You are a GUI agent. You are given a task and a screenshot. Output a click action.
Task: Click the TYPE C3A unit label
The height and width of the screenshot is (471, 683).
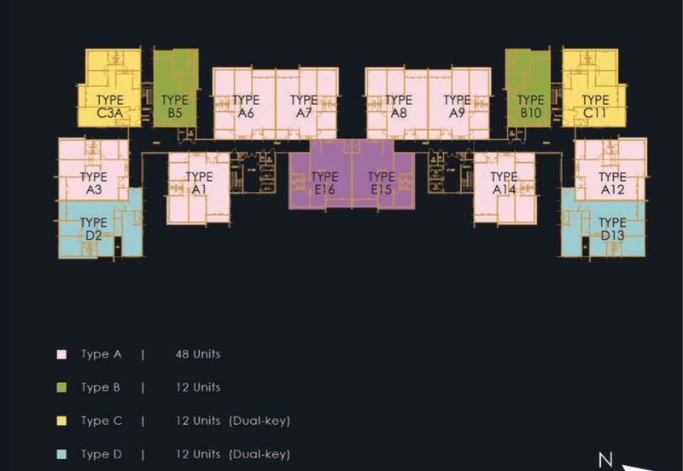(x=110, y=106)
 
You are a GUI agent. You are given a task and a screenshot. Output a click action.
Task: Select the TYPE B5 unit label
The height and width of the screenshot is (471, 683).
(x=174, y=106)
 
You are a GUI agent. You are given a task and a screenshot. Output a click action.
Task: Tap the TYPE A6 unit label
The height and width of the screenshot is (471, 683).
(x=246, y=106)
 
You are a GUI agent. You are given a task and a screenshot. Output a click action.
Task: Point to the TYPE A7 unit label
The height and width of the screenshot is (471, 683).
(x=303, y=106)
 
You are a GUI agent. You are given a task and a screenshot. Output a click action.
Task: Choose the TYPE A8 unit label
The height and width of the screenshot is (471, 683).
(x=398, y=106)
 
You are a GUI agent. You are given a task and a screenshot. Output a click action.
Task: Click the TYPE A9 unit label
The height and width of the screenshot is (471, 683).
(x=457, y=106)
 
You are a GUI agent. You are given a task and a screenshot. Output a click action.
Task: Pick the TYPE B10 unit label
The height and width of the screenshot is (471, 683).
(x=530, y=106)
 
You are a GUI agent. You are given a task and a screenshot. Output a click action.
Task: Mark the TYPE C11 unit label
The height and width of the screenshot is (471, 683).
(x=595, y=106)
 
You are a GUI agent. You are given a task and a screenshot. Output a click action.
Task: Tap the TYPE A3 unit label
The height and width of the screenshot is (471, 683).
(x=93, y=183)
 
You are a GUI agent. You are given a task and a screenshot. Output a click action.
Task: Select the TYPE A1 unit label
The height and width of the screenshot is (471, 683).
(x=200, y=183)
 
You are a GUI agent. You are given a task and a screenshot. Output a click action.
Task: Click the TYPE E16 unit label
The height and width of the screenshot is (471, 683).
(x=324, y=183)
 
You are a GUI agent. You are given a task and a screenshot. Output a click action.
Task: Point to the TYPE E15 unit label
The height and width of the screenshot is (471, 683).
(x=381, y=183)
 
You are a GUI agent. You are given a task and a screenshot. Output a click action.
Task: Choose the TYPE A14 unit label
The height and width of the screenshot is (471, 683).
(x=504, y=183)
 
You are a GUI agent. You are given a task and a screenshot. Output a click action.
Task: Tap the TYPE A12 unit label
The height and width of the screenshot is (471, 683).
(x=612, y=183)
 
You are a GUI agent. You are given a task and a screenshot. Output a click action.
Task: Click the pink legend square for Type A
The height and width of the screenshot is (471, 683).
(x=61, y=353)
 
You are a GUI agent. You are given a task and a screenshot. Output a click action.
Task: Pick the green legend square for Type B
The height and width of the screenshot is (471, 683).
(x=61, y=387)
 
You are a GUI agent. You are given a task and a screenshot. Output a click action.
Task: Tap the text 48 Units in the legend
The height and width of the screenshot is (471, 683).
(x=195, y=353)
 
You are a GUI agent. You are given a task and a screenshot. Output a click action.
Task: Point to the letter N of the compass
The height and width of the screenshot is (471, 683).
(x=605, y=461)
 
